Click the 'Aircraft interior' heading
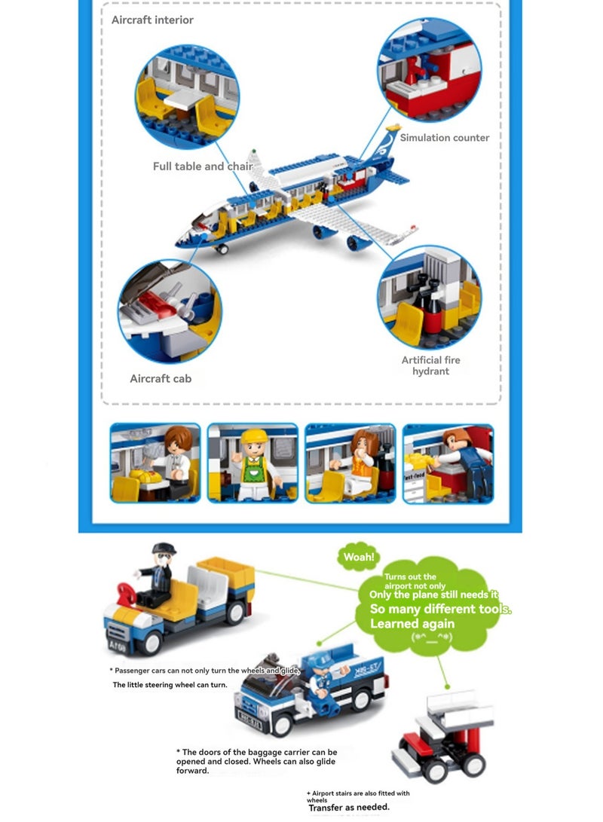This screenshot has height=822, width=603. (x=152, y=20)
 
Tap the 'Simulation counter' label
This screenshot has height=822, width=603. (x=444, y=137)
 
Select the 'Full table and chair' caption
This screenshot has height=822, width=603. (x=203, y=167)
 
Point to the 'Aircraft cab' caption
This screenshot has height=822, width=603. (x=161, y=378)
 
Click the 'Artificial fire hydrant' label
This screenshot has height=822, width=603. (x=430, y=365)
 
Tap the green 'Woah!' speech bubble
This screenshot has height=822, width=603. (x=359, y=557)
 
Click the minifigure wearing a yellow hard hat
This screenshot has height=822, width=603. (x=254, y=464)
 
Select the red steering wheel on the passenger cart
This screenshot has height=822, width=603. (x=127, y=594)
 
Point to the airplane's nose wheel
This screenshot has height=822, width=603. (x=222, y=249)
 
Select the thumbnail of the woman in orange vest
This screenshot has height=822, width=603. (x=350, y=463)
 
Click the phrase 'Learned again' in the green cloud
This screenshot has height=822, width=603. (x=412, y=623)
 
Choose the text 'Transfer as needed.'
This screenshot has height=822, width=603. (x=349, y=808)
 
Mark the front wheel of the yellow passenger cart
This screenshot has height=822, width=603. (x=149, y=642)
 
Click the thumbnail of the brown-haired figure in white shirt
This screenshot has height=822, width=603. (x=155, y=463)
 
